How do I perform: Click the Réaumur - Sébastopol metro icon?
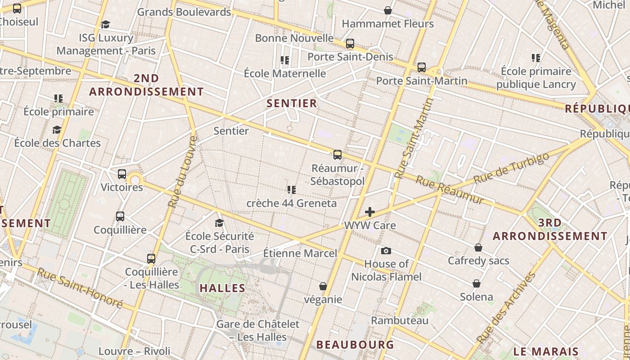(x=337, y=155)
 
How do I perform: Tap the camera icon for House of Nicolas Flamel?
(x=386, y=251)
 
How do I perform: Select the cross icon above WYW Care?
(x=370, y=211)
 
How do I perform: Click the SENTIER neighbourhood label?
(x=292, y=103)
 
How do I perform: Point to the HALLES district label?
(x=222, y=288)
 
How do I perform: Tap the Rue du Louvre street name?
(x=182, y=171)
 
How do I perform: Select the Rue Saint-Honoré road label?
(x=80, y=288)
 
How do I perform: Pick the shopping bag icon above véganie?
(x=323, y=286)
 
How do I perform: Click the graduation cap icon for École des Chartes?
(x=57, y=130)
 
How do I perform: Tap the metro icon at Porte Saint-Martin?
(x=422, y=67)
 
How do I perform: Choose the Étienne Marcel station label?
(x=300, y=253)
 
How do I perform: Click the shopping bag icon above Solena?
(x=477, y=283)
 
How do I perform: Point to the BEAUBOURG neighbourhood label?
(x=355, y=345)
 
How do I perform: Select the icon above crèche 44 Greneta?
(x=292, y=190)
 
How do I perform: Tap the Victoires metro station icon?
(x=122, y=174)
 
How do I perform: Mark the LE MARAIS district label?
(x=546, y=351)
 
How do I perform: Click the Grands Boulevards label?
(x=184, y=12)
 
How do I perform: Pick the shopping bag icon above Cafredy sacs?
(x=478, y=247)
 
